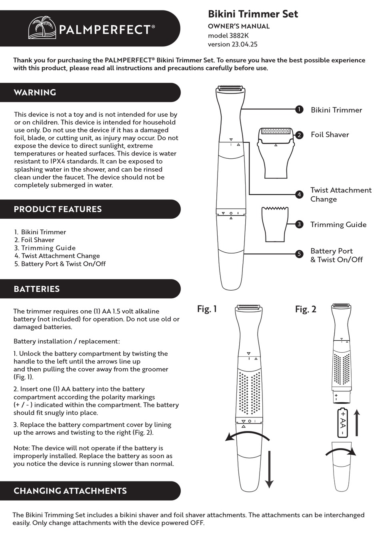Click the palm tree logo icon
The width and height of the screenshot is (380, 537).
pyautogui.click(x=42, y=28)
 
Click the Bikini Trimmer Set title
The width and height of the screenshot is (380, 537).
pyautogui.click(x=253, y=14)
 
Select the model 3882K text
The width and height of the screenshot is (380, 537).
pyautogui.click(x=228, y=35)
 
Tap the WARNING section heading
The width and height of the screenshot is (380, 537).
pyautogui.click(x=35, y=92)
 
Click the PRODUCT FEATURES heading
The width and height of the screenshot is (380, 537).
pyautogui.click(x=58, y=209)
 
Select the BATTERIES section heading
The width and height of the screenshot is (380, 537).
pyautogui.click(x=36, y=289)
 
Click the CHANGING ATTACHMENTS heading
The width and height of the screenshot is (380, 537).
pyautogui.click(x=70, y=491)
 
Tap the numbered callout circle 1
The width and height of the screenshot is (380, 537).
pyautogui.click(x=299, y=110)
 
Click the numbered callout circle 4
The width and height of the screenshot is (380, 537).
pyautogui.click(x=299, y=195)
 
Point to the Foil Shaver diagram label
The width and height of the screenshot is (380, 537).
pyautogui.click(x=330, y=135)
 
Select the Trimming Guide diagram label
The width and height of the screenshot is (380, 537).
pyautogui.click(x=338, y=225)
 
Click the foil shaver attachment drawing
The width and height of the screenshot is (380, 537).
pyautogui.click(x=276, y=152)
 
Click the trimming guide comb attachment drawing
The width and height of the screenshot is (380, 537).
pyautogui.click(x=275, y=224)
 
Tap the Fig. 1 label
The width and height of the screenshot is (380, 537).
pyautogui.click(x=207, y=309)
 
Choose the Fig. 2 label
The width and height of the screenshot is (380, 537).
pyautogui.click(x=306, y=309)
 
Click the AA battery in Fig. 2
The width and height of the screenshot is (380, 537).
pyautogui.click(x=343, y=423)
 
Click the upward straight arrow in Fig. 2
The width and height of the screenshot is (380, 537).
pyautogui.click(x=357, y=423)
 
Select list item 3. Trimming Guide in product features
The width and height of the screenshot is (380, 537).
pyautogui.click(x=45, y=248)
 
